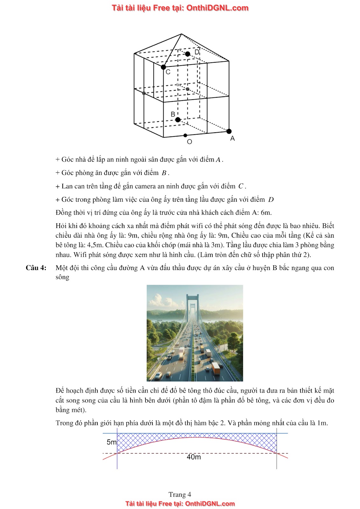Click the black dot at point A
pos(229,131)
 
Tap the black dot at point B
pos(178,120)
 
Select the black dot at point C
pos(163,67)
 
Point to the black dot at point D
pos(188,54)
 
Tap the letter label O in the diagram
pos(189,142)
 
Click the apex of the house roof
pos(181,34)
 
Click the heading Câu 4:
pos(36,268)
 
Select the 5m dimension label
pos(111,442)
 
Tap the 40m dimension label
pos(194,457)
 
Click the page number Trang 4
pos(180,494)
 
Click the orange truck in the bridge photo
pos(216,368)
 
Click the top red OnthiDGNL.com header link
pos(180,8)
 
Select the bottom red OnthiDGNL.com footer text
pos(180,504)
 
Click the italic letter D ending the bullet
pos(271,200)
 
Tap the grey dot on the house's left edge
pos(144,93)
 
